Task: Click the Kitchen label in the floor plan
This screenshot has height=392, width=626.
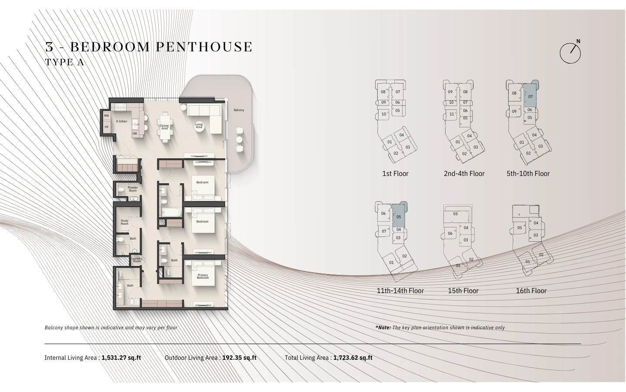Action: click(x=122, y=121)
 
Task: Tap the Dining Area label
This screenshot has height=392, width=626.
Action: click(x=164, y=127)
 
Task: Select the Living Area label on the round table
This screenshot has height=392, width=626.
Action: click(x=199, y=126)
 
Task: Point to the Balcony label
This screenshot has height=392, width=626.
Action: click(x=239, y=110)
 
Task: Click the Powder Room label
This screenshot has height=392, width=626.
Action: click(x=133, y=189)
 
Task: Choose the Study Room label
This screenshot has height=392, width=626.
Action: click(x=124, y=222)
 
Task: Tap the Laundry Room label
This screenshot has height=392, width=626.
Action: click(x=137, y=260)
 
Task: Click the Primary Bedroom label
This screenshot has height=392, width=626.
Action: click(x=203, y=276)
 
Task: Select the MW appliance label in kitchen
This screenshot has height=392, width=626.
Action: click(x=106, y=116)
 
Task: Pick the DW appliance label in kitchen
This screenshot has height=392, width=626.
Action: click(x=135, y=134)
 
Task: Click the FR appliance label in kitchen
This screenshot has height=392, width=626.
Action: click(x=106, y=127)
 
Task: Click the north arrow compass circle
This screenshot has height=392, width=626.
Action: click(x=570, y=53)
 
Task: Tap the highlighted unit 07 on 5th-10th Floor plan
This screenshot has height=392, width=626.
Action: click(x=530, y=95)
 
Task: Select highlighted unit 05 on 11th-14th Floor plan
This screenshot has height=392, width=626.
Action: click(x=398, y=216)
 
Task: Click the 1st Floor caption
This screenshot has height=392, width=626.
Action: click(x=395, y=174)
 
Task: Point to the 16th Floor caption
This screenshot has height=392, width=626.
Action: click(x=531, y=291)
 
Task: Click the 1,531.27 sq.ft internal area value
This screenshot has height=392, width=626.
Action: click(x=121, y=358)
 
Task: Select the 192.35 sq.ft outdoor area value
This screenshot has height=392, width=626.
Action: click(x=239, y=358)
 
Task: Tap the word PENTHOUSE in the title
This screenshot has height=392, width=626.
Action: click(x=204, y=47)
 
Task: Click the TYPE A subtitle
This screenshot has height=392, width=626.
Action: click(x=64, y=62)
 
